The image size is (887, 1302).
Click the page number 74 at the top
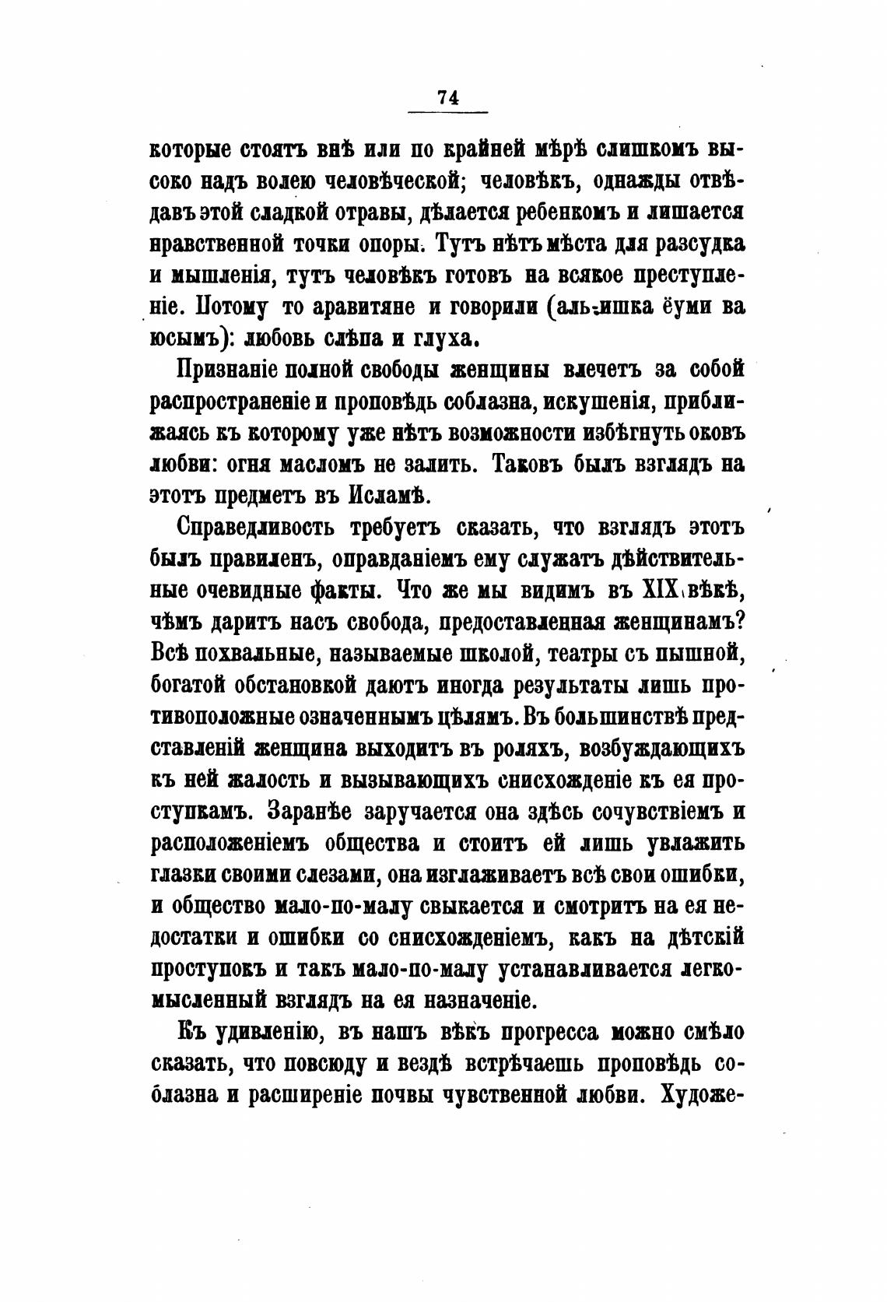(x=448, y=97)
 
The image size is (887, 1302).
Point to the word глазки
(x=182, y=876)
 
